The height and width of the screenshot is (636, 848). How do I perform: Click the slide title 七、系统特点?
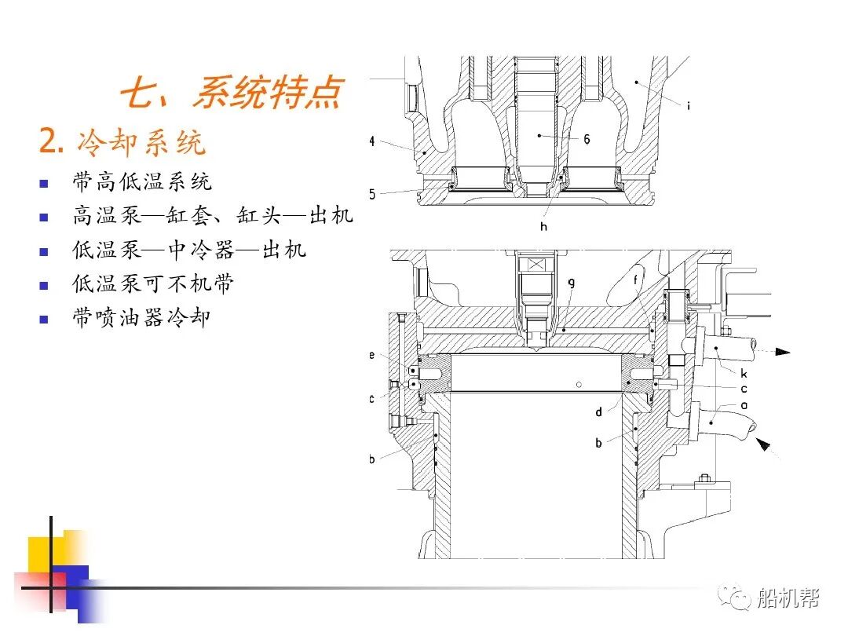point(231,93)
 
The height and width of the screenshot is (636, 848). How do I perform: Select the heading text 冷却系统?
point(141,142)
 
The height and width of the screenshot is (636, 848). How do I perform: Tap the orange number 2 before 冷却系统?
point(50,142)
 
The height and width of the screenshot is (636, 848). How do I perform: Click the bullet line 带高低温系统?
point(142,182)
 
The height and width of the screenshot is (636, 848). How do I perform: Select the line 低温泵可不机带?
point(153,283)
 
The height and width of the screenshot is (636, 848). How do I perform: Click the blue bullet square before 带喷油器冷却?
point(44,319)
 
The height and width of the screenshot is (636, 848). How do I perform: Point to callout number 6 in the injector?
point(587,139)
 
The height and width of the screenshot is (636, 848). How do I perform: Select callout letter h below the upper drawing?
point(543,227)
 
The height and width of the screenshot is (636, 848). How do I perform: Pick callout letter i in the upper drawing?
point(688,106)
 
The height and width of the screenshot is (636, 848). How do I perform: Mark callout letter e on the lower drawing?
point(372,356)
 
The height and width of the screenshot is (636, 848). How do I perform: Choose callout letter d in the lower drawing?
point(598,411)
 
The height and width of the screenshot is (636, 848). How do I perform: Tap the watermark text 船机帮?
point(788,599)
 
